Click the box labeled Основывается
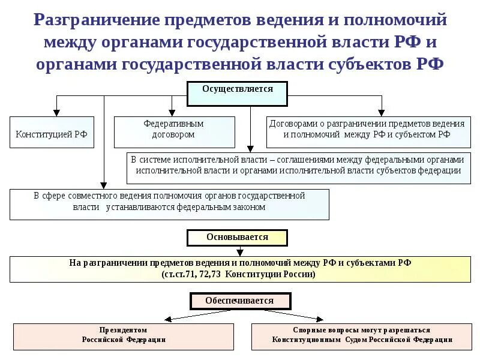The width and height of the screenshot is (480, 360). (x=237, y=238)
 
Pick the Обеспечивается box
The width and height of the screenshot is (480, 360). (x=239, y=301)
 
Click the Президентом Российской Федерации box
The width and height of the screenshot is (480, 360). (x=124, y=335)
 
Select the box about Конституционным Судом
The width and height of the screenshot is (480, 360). (x=362, y=335)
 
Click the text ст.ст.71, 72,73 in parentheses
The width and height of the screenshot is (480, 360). (x=191, y=274)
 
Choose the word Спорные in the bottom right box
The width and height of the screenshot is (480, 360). (x=309, y=330)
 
